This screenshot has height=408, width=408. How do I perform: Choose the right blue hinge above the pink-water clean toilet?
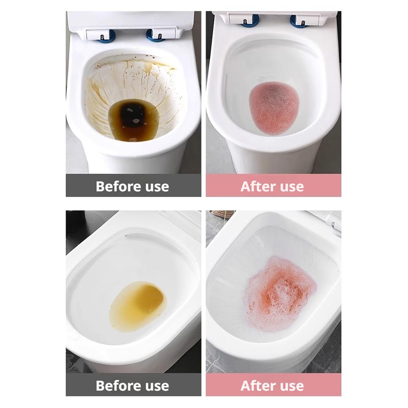tap(299, 21)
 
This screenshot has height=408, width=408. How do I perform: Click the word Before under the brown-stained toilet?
tap(118, 186)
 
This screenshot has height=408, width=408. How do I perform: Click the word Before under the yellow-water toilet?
tap(118, 386)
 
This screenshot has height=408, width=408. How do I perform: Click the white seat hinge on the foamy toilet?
tap(334, 227)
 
